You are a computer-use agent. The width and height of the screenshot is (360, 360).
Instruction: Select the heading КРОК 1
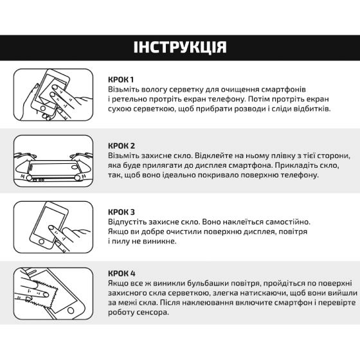tap(122, 79)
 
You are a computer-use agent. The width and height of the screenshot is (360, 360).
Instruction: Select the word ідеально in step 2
tap(187, 175)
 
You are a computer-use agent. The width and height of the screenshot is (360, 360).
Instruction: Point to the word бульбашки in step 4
tap(201, 283)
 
